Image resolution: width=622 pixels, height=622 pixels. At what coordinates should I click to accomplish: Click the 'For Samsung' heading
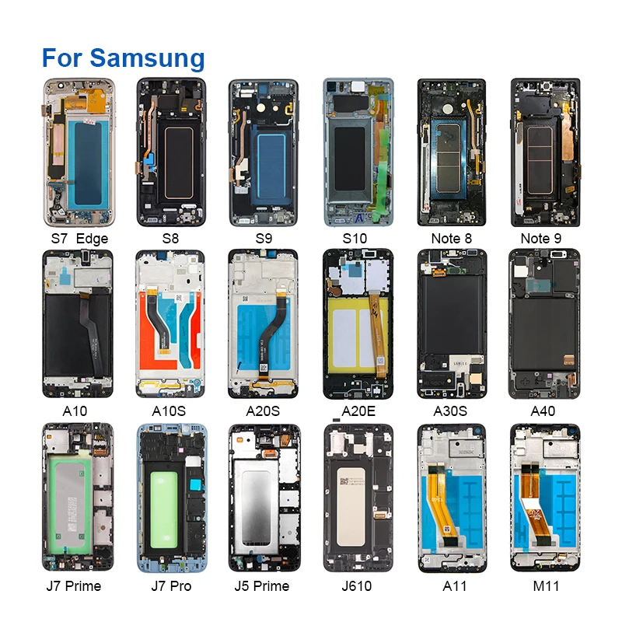point(123,58)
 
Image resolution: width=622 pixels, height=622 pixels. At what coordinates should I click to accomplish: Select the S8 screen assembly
point(171,152)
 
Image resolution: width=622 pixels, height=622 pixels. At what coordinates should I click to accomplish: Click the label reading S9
point(264,239)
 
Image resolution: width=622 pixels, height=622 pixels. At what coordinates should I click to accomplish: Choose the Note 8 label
point(451,239)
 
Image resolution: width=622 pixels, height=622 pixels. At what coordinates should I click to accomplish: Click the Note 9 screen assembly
point(544,152)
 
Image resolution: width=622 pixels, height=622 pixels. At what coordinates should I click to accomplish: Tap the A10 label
point(77,411)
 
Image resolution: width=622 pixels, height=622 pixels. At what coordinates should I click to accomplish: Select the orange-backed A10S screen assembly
point(171,323)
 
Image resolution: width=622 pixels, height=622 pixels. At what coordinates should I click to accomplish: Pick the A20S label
point(264,411)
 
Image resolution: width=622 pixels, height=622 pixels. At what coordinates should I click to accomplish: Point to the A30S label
point(451,411)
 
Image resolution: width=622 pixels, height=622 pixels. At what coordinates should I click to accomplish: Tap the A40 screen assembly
point(544,323)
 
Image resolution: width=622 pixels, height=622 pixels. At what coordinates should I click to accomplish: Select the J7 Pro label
point(171,585)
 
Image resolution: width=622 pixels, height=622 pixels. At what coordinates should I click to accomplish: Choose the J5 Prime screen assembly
point(264,498)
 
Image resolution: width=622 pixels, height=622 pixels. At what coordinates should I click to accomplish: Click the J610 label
point(358,585)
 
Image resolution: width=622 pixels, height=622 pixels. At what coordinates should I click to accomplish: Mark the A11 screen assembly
point(451,498)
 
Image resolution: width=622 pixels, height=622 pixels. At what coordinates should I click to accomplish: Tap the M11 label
point(544,585)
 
